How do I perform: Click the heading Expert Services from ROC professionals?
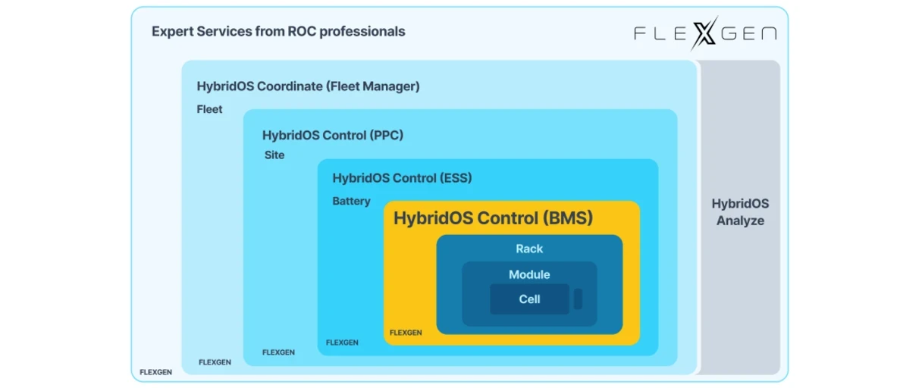coord(278,32)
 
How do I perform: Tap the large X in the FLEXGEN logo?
coord(704,33)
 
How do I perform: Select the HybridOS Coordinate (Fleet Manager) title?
coord(308,86)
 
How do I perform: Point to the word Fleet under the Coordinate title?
coord(209,109)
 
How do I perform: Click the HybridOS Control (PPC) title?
coord(333,136)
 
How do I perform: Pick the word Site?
coord(274,155)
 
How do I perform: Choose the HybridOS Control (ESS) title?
coord(402,178)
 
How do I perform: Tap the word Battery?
coord(351,202)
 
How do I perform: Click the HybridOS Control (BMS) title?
coord(493,219)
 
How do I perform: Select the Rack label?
coord(529,249)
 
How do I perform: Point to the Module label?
coord(529,274)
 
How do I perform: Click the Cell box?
coord(529,299)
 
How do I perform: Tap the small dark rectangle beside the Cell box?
coord(578,299)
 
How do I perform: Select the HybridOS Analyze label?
coord(740,212)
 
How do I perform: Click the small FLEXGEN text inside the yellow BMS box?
coord(406,333)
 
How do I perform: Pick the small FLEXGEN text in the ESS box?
coord(342,343)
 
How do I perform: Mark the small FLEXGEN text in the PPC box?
coord(278,352)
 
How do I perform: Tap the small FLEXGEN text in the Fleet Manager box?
coord(215,362)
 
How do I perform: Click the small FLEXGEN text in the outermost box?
coord(155,372)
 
